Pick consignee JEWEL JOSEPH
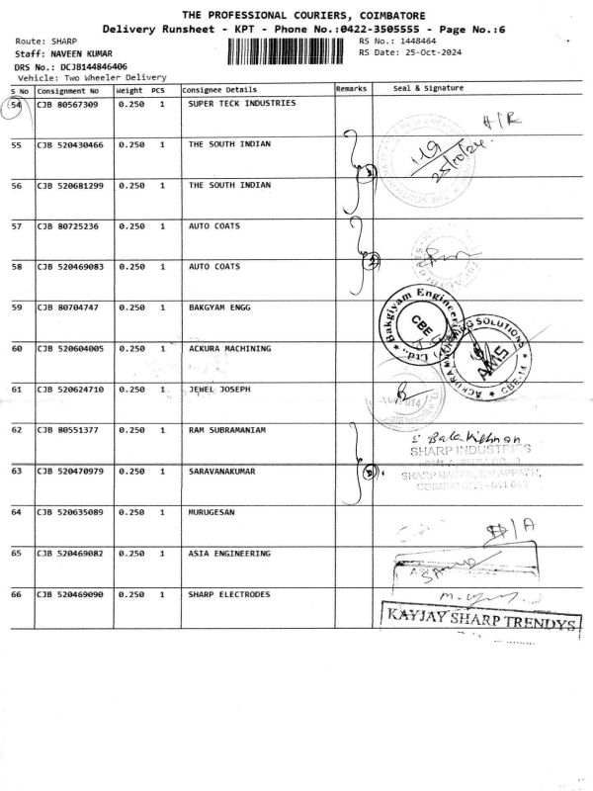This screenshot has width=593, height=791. coord(218,389)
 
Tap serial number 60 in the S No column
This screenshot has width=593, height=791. coord(17,348)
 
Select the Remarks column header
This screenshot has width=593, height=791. coord(351,89)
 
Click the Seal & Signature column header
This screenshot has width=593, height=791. coord(428,89)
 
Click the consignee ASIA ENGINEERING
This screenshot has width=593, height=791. coord(228,553)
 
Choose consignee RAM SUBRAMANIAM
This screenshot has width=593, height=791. coord(228,430)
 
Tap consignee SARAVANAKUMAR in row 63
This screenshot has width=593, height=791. coord(221,471)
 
